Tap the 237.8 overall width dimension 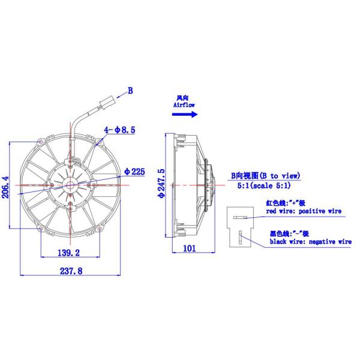71,271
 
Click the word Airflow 183,104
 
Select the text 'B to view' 275,176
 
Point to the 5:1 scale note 265,187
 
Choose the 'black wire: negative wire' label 310,242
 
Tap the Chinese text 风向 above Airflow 183,97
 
